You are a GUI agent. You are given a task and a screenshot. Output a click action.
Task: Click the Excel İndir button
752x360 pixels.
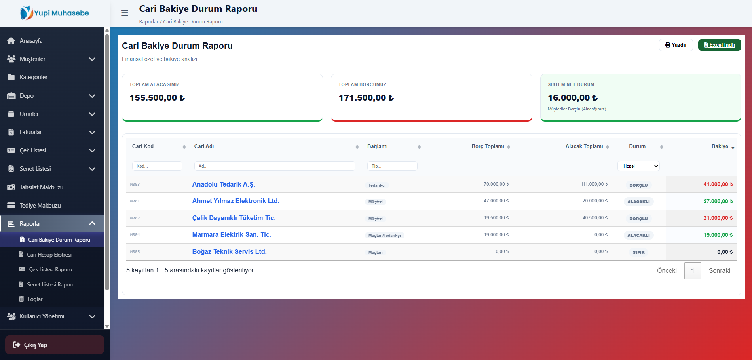coord(720,45)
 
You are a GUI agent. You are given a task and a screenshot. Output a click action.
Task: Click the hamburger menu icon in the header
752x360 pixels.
coord(125,13)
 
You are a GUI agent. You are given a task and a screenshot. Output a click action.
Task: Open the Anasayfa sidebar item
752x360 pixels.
coord(31,41)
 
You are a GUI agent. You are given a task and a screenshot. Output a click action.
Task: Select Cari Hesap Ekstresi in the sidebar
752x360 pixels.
coord(49,255)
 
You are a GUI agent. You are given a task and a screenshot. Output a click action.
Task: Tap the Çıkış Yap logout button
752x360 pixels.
coord(55,345)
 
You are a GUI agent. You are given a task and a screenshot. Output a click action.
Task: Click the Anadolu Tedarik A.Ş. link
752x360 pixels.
coord(224,184)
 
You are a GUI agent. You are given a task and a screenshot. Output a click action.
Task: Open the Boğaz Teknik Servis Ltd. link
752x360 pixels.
coord(230,251)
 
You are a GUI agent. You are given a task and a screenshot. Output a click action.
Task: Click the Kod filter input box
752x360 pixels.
coord(157,166)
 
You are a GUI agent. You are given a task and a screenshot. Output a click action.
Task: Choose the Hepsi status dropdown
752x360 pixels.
coord(639,166)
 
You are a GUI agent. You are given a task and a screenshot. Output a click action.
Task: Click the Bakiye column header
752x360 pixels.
coord(720,146)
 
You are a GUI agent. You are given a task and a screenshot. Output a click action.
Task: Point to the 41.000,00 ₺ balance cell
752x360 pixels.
coord(718,184)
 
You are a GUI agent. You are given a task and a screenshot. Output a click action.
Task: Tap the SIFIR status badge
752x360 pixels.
coord(638,252)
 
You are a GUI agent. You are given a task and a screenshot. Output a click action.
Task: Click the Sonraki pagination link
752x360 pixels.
coord(719,270)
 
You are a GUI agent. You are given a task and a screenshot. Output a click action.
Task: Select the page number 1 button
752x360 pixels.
coord(693,270)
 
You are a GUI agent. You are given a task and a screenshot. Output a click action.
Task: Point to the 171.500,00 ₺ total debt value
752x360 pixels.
coord(366,98)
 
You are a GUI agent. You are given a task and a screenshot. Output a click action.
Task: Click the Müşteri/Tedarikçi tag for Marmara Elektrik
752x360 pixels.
coord(385,235)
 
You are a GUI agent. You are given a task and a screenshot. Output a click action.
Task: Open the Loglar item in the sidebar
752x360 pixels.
coord(35,299)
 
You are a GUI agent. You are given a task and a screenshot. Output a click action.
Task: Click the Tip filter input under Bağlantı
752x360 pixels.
coord(392,166)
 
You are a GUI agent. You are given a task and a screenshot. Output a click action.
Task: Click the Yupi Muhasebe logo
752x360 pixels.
coord(55,13)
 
